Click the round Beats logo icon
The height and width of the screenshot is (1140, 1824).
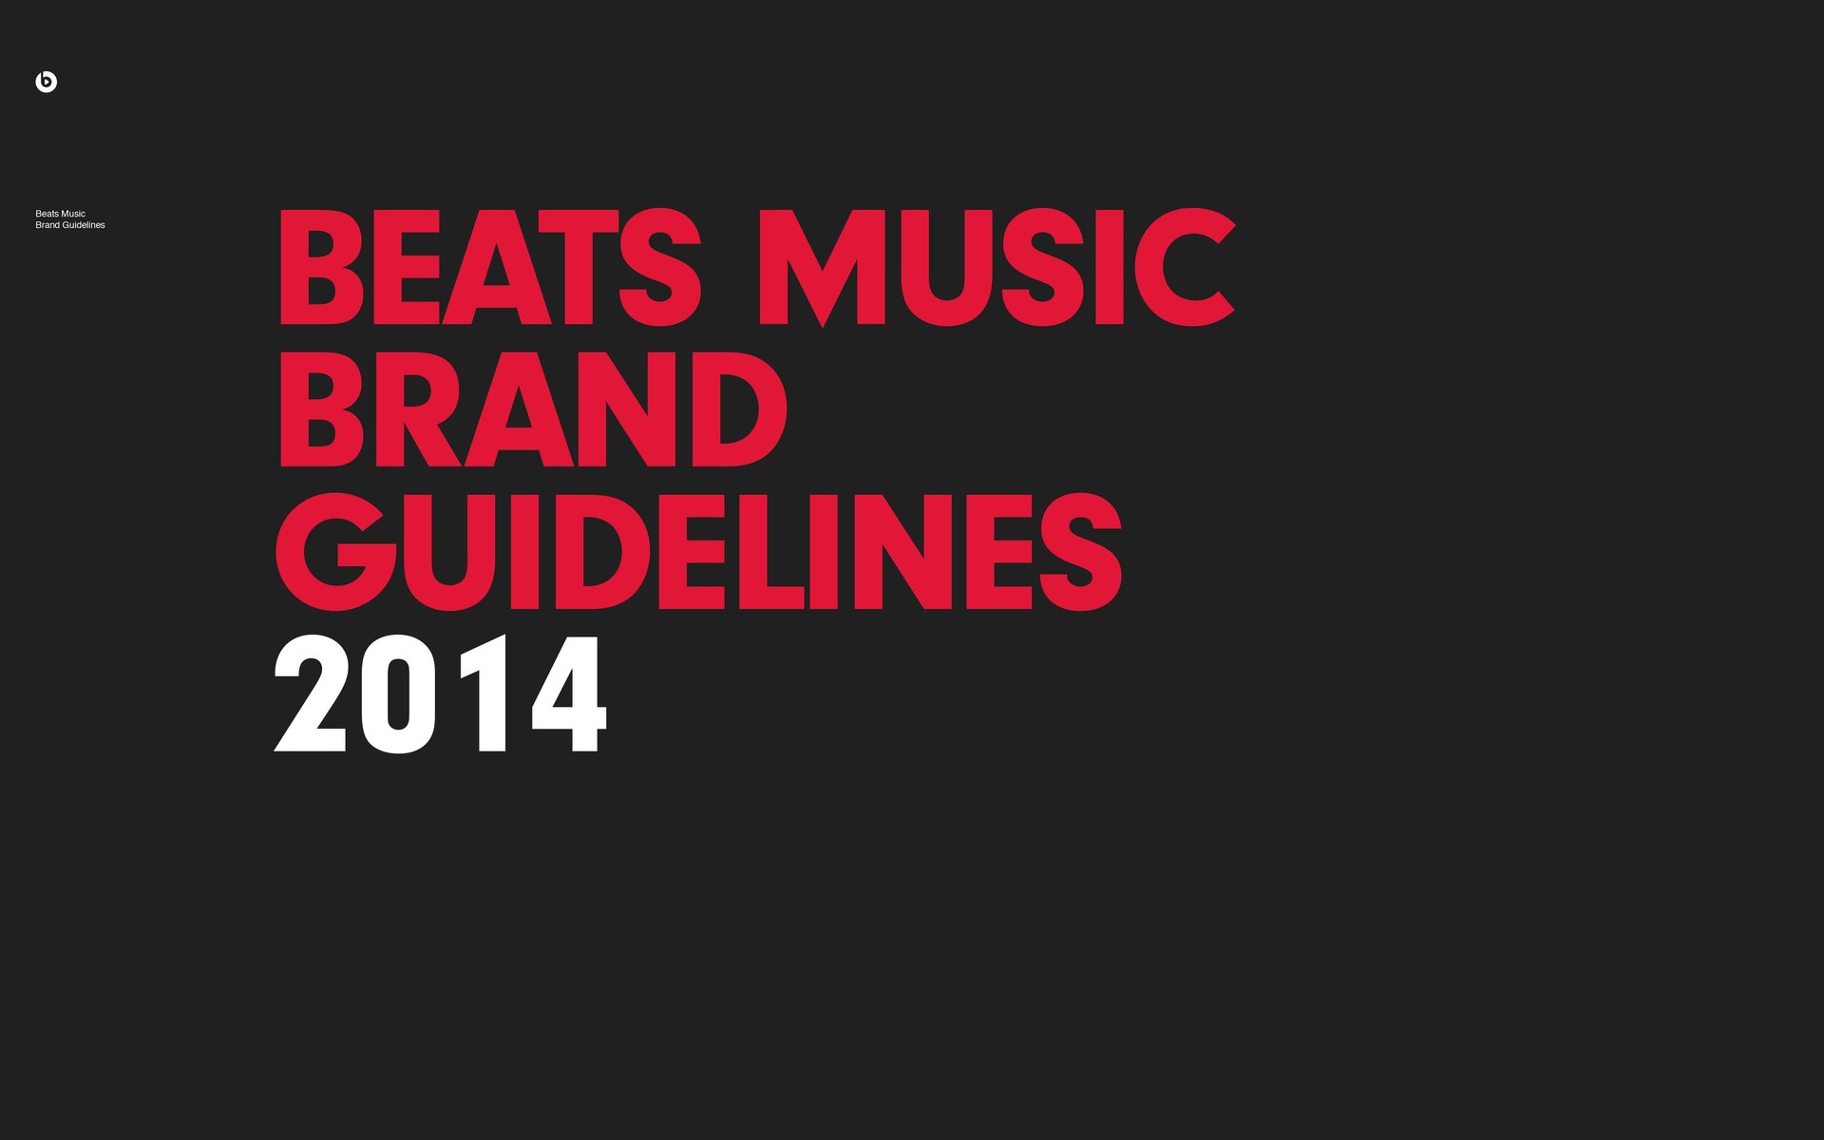click(46, 82)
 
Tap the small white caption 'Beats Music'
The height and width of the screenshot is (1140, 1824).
click(61, 214)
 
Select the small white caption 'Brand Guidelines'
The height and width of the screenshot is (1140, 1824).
click(70, 225)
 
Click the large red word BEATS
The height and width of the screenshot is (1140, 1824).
click(489, 267)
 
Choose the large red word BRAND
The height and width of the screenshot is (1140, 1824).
click(532, 409)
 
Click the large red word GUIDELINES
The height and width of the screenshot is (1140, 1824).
click(699, 552)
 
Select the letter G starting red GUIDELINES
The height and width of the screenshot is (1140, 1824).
click(336, 552)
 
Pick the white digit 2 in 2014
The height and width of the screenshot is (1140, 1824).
click(312, 694)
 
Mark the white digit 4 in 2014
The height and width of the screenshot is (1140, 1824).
click(568, 694)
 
